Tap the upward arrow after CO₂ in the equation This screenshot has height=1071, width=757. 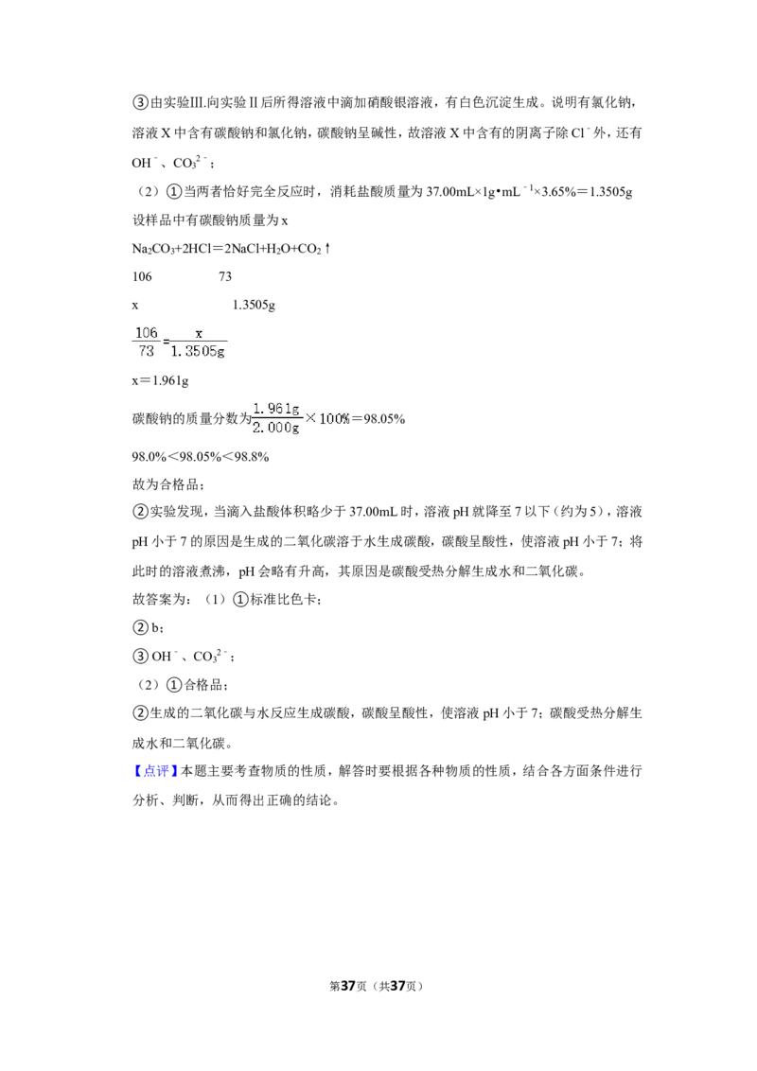tap(327, 249)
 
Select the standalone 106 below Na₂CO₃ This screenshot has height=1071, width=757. tap(142, 276)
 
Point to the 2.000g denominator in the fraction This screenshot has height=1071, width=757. tap(276, 428)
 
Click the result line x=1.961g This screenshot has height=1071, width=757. tap(161, 380)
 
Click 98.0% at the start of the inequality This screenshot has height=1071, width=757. tap(149, 457)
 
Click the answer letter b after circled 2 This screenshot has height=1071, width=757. tap(154, 627)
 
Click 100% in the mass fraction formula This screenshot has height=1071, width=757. tap(335, 419)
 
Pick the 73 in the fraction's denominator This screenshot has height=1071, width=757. tap(147, 351)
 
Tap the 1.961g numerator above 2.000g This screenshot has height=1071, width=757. tap(276, 409)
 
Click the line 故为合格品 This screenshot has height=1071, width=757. tap(166, 484)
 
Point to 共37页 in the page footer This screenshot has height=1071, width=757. tap(398, 986)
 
